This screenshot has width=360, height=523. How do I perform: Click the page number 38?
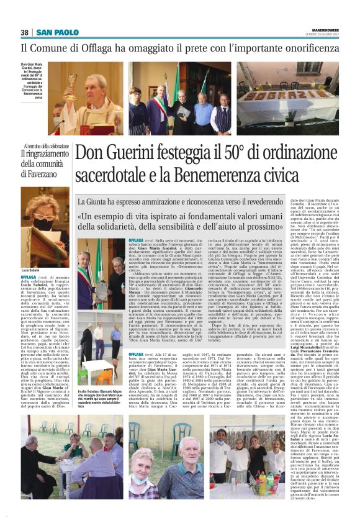click(25, 32)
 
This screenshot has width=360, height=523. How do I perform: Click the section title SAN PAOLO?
click(57, 32)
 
